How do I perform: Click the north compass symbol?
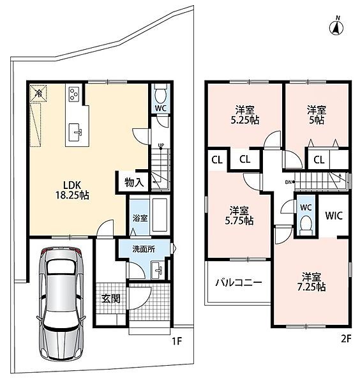click(336, 27)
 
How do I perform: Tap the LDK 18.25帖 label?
click(72, 190)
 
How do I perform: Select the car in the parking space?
click(61, 303)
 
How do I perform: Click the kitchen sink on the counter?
click(75, 132)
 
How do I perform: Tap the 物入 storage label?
click(134, 182)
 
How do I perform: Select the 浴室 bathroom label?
click(140, 218)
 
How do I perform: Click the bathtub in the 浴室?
click(160, 215)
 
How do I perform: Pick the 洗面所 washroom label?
click(144, 250)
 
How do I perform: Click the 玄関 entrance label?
click(111, 298)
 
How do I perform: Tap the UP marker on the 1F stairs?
click(161, 146)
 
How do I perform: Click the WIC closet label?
click(334, 216)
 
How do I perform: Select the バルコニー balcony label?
click(239, 283)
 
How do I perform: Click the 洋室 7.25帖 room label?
click(311, 282)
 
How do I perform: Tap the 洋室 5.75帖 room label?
click(239, 216)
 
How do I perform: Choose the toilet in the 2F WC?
click(306, 224)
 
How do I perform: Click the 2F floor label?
click(345, 339)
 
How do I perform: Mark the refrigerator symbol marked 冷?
click(38, 93)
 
